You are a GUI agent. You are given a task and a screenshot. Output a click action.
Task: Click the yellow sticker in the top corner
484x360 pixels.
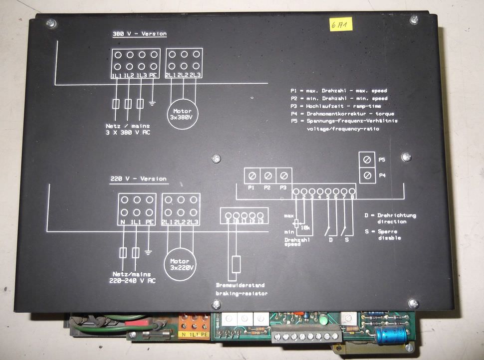pos(341,24)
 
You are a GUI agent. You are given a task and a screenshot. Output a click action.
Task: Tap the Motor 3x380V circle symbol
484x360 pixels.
pos(182,114)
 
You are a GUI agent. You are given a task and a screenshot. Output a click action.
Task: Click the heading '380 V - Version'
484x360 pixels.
pos(139,34)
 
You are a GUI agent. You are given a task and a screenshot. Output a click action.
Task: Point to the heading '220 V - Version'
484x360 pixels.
pos(138,179)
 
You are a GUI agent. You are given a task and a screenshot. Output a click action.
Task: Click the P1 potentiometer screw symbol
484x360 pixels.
pos(252,176)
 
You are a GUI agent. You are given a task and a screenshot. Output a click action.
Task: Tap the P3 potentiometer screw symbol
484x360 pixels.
pos(283,176)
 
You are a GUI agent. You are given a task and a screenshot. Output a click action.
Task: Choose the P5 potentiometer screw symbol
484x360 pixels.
pos(367,160)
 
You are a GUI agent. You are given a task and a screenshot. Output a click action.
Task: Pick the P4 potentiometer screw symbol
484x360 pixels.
pos(367,176)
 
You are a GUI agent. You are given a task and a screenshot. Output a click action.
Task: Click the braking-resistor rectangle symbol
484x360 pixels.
pos(237,264)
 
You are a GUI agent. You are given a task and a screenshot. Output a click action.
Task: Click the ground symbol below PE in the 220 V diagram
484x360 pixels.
pos(148,252)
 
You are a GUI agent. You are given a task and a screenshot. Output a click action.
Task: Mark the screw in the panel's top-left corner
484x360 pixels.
pos(51,23)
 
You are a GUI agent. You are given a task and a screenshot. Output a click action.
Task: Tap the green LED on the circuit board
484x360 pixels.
pos(323,320)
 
